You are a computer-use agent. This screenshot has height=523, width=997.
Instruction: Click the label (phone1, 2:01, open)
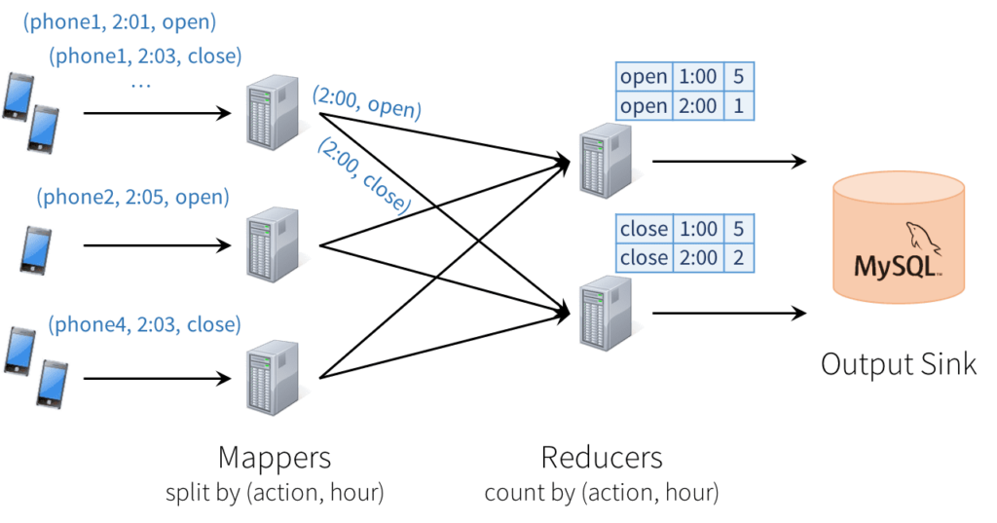coord(120,20)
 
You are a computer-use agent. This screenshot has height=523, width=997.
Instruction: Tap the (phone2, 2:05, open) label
coord(132,198)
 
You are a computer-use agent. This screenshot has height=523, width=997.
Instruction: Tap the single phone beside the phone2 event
coord(35,249)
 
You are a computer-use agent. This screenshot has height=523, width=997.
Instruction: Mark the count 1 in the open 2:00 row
coord(739,106)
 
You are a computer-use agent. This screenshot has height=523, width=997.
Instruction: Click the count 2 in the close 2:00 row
coord(739,258)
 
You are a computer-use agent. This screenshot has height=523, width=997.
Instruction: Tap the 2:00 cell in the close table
coord(697,258)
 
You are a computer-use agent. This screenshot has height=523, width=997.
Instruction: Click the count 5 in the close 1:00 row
coord(739,230)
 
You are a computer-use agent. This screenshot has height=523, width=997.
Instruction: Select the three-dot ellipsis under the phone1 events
coord(140,86)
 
